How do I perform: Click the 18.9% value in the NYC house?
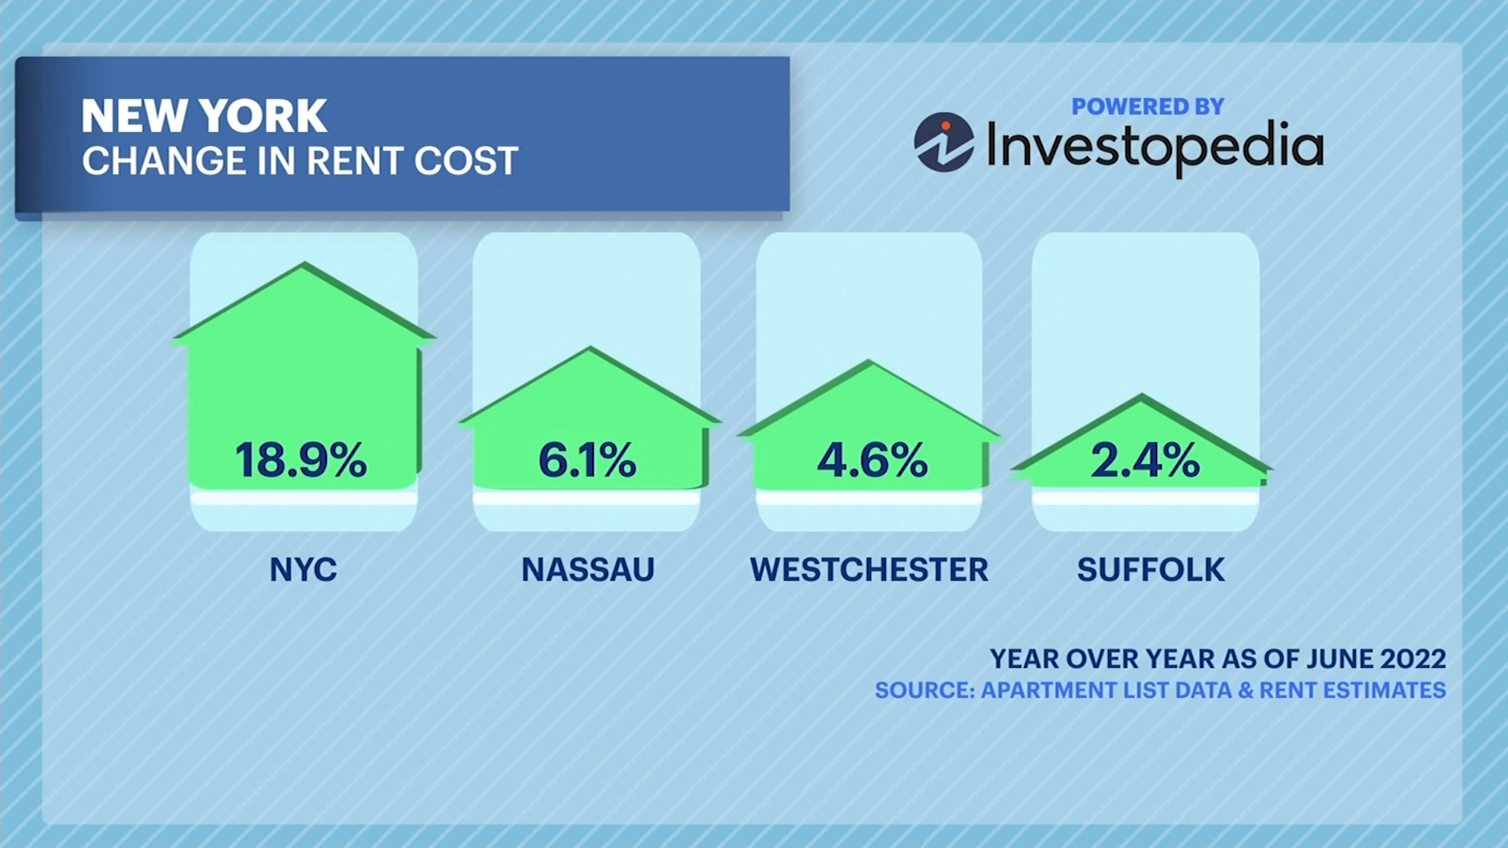click(300, 460)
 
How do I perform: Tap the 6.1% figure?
click(587, 460)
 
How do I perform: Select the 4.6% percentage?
click(872, 460)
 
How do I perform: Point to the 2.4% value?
click(1145, 460)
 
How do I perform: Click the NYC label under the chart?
click(303, 570)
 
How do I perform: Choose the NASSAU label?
click(587, 570)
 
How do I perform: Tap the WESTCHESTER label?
click(869, 570)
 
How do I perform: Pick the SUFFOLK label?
click(1151, 570)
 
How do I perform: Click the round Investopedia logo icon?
click(943, 142)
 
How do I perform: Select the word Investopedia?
click(1155, 146)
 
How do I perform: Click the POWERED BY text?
click(1147, 107)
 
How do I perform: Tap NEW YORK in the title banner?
click(203, 116)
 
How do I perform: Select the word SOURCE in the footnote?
click(924, 690)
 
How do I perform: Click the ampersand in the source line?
click(1246, 690)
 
